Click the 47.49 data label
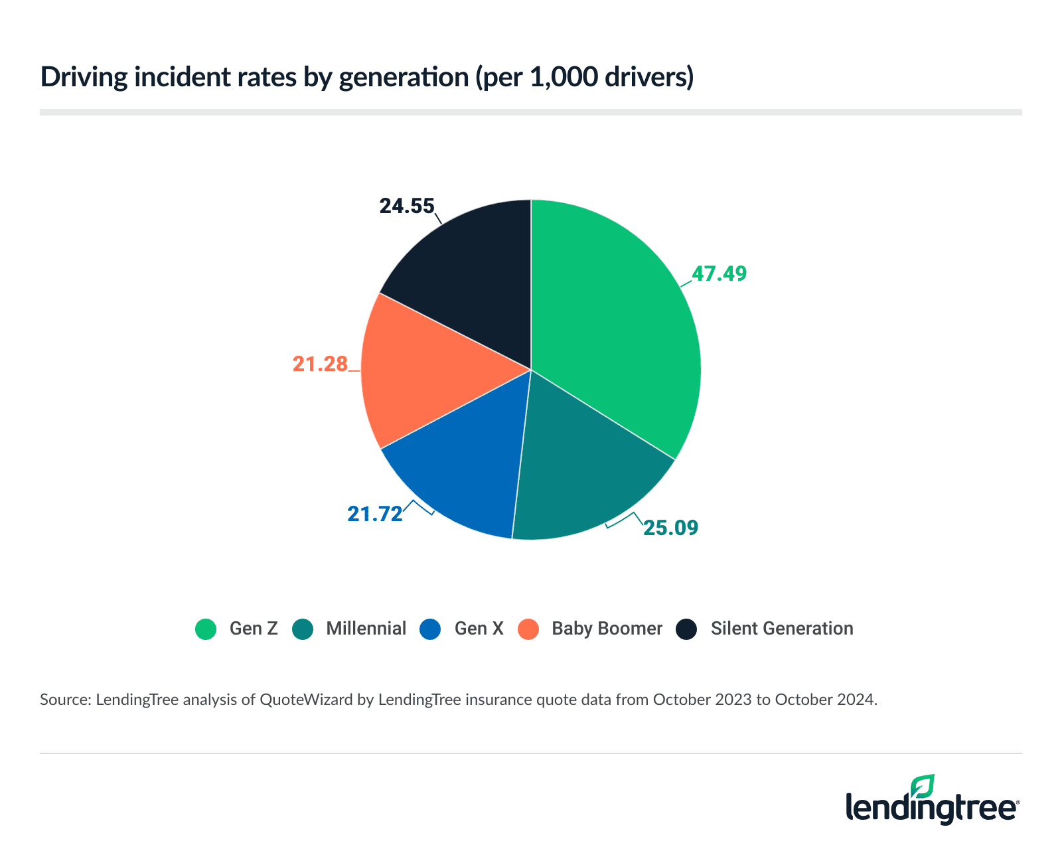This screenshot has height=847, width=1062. [720, 273]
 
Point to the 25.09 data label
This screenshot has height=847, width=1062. [671, 528]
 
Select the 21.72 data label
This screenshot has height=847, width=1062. [375, 514]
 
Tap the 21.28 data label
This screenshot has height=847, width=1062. [321, 364]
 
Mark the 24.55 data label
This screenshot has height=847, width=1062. [406, 206]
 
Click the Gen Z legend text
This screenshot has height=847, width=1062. [254, 629]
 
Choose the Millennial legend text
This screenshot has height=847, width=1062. [366, 629]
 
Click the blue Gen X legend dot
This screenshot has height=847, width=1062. [430, 629]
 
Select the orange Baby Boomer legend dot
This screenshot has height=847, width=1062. [528, 629]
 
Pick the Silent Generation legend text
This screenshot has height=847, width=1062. [781, 629]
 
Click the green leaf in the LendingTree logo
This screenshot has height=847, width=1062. [923, 786]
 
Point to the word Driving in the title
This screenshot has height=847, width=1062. [84, 78]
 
